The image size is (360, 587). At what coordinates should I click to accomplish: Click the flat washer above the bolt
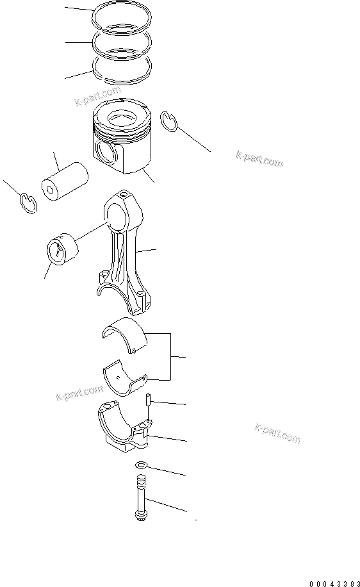[141, 465]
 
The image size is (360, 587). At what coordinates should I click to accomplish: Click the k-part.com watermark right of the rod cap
[277, 434]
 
